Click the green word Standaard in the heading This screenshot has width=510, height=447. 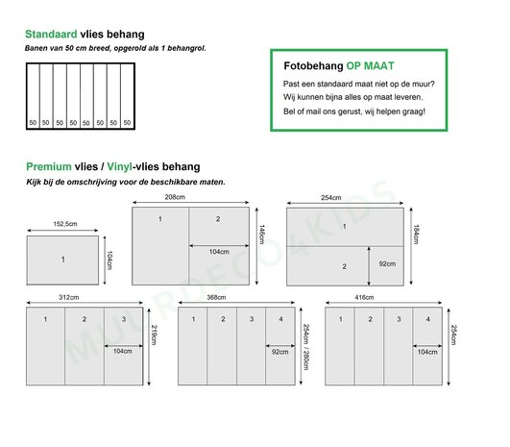[51, 35]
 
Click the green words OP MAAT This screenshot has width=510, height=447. [370, 65]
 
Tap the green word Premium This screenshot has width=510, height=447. [49, 166]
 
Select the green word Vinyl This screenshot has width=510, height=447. [120, 167]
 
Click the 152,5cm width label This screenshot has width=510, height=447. [65, 224]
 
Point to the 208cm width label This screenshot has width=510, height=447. [175, 197]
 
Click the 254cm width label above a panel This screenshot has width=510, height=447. [331, 198]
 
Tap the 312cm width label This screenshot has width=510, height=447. [68, 297]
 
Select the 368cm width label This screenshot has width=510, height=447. [216, 297]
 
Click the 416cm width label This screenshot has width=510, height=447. [364, 297]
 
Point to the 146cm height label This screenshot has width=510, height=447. [262, 235]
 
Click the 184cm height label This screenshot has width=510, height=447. [416, 235]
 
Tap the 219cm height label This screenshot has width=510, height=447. [155, 335]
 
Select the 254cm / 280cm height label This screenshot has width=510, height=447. [306, 347]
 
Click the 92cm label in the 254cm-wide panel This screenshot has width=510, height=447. [387, 263]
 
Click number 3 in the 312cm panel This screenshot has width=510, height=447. [124, 319]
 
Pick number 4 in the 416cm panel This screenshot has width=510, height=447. [428, 319]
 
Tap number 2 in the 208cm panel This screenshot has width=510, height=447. [218, 219]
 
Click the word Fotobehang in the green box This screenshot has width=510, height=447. [313, 66]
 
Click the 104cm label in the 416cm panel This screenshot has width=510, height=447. [427, 352]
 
